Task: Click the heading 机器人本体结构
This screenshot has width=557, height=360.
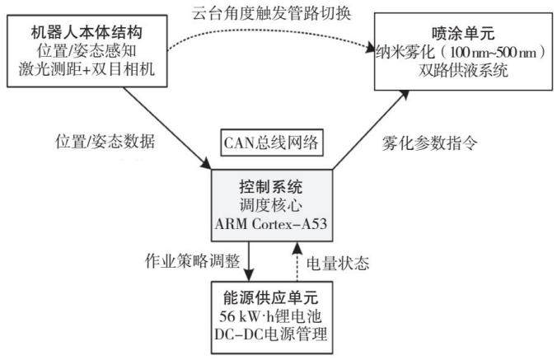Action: tap(87, 33)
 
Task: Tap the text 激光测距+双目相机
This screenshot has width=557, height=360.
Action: tap(87, 69)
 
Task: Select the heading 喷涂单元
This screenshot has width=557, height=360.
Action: tap(463, 34)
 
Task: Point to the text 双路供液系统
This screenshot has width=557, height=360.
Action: tap(463, 70)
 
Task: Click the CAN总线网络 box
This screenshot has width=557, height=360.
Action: tap(272, 143)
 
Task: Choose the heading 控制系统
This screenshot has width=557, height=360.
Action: tap(271, 187)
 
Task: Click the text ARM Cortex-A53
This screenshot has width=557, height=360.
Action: tap(271, 224)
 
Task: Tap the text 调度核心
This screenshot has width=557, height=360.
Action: tap(271, 205)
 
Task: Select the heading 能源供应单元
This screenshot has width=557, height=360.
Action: tap(271, 297)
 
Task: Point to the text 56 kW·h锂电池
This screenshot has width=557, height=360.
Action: tap(270, 316)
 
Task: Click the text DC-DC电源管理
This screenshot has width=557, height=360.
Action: tap(271, 334)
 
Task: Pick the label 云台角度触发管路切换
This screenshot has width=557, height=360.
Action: tap(272, 13)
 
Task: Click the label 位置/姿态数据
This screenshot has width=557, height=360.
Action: tap(105, 142)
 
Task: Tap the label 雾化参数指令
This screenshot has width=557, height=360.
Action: tap(429, 143)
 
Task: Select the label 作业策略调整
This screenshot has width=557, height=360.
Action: tap(193, 261)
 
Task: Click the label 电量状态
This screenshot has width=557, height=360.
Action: tap(338, 264)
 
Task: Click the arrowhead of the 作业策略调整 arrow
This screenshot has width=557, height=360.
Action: tap(249, 275)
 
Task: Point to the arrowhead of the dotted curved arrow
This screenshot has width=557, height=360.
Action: tap(369, 49)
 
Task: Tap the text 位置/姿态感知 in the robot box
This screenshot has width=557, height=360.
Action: tap(87, 51)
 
